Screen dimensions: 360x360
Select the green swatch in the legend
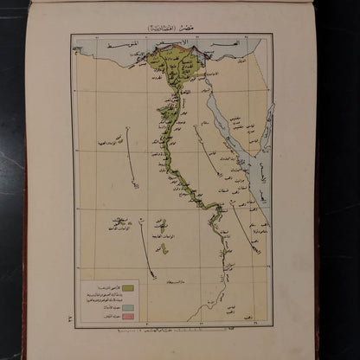pyautogui.click(x=127, y=287)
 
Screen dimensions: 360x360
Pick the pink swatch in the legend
pyautogui.click(x=127, y=316)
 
